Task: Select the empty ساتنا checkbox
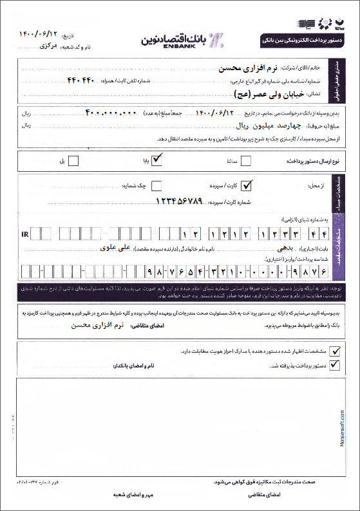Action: click(x=245, y=160)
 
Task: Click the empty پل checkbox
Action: click(x=73, y=160)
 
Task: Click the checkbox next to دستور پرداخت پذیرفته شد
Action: click(x=334, y=365)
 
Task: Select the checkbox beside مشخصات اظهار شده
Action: click(x=334, y=351)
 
